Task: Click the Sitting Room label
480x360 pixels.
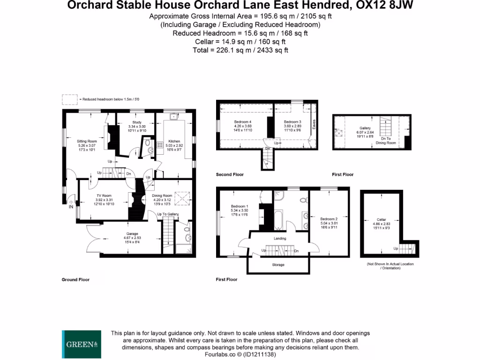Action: tap(87, 141)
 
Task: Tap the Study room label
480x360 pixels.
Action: tap(137, 122)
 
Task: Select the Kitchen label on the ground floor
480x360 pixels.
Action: tap(174, 141)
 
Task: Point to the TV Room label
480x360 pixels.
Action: tap(104, 195)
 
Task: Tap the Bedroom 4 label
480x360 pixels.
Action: tap(243, 122)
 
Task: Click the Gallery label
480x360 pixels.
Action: tap(365, 128)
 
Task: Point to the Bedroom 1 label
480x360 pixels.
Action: tap(240, 206)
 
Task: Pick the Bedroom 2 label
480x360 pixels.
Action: tap(329, 219)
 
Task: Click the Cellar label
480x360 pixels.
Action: tap(381, 219)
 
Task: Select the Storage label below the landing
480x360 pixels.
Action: tap(277, 264)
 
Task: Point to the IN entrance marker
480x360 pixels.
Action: tap(71, 206)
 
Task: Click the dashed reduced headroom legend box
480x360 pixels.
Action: tap(70, 99)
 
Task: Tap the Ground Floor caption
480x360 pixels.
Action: tap(75, 279)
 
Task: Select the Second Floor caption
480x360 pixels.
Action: tap(230, 174)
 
